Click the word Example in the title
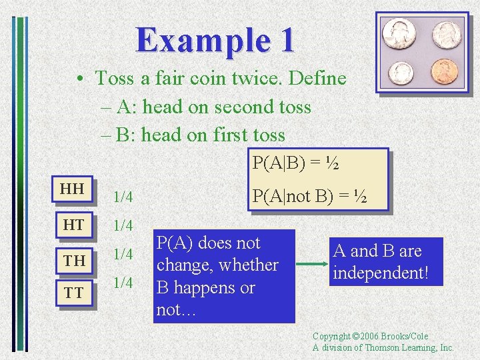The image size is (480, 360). pyautogui.click(x=194, y=39)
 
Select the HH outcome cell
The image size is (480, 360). pyautogui.click(x=72, y=189)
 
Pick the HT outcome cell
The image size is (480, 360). pyautogui.click(x=72, y=225)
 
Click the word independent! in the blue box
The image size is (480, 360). pyautogui.click(x=381, y=273)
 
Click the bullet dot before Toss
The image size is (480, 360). pyautogui.click(x=79, y=79)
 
